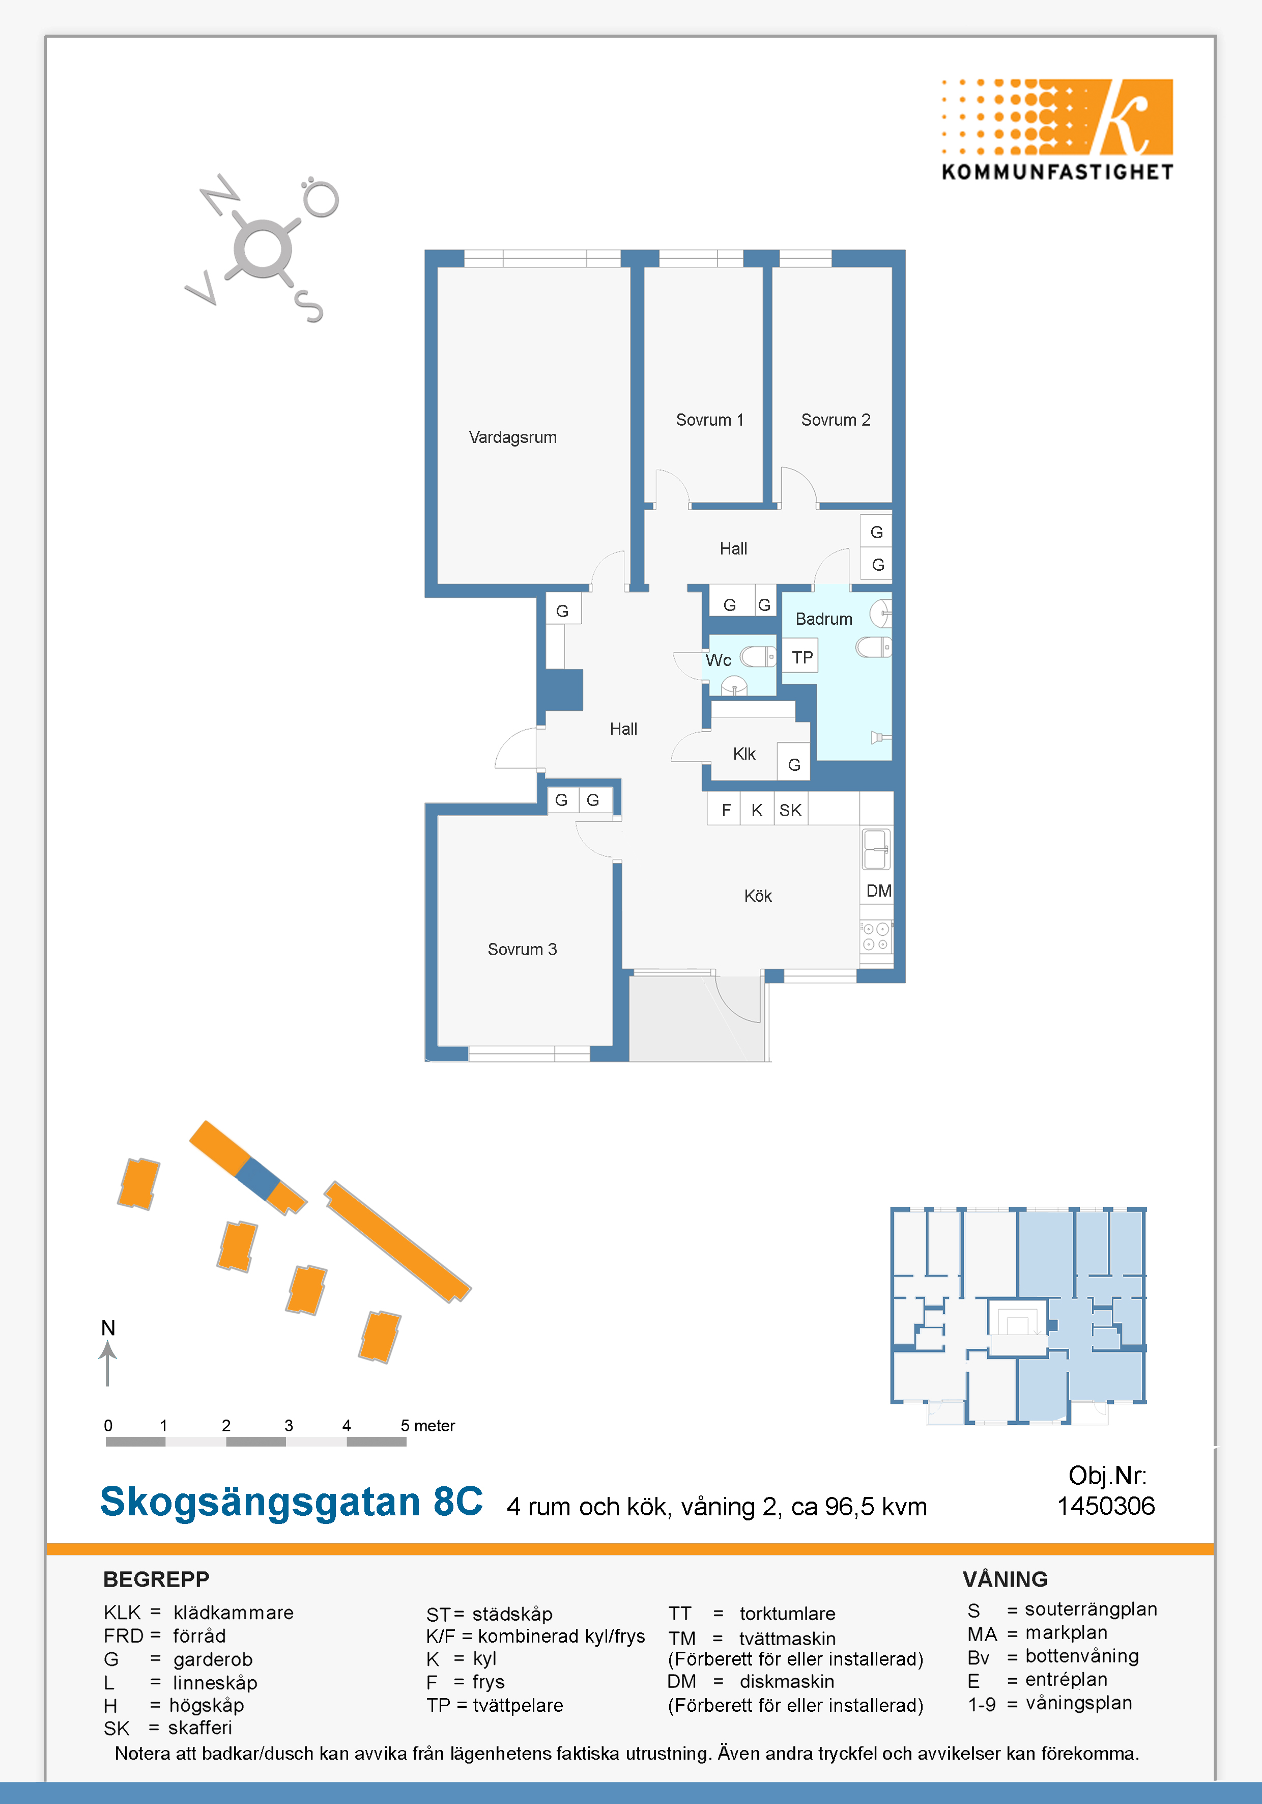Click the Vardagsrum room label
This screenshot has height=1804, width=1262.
pyautogui.click(x=513, y=438)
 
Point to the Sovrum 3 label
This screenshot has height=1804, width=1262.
pyautogui.click(x=522, y=949)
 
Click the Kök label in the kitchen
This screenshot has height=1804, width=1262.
pyautogui.click(x=758, y=896)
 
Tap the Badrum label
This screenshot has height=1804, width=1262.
pyautogui.click(x=824, y=619)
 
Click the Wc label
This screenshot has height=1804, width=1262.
pyautogui.click(x=719, y=660)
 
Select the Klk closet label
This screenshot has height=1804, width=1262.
pyautogui.click(x=743, y=754)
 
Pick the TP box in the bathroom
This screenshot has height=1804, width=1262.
pyautogui.click(x=802, y=657)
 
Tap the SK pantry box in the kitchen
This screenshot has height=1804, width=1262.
pyautogui.click(x=791, y=809)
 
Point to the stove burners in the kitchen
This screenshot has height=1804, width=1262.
pyautogui.click(x=876, y=936)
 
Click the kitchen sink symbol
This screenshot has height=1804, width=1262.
pyautogui.click(x=876, y=849)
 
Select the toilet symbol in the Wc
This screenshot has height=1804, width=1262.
pyautogui.click(x=758, y=656)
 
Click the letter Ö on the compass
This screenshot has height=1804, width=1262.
pyautogui.click(x=321, y=197)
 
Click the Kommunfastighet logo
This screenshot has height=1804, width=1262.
pyautogui.click(x=1057, y=130)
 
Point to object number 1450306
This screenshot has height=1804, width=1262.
pyautogui.click(x=1106, y=1506)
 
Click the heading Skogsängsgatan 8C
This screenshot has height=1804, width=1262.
pyautogui.click(x=292, y=1502)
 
